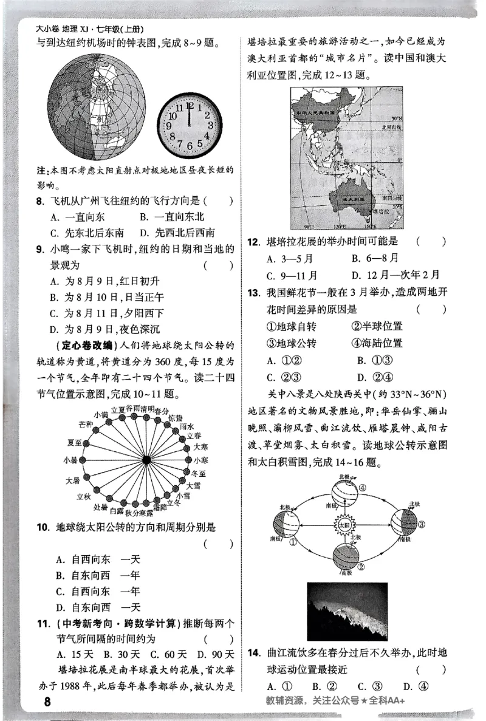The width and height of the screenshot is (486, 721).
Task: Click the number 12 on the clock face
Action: click(x=190, y=105)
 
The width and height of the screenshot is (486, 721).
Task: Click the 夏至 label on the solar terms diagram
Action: click(x=75, y=442)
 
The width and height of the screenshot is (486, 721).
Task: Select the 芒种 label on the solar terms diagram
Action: click(x=86, y=423)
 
